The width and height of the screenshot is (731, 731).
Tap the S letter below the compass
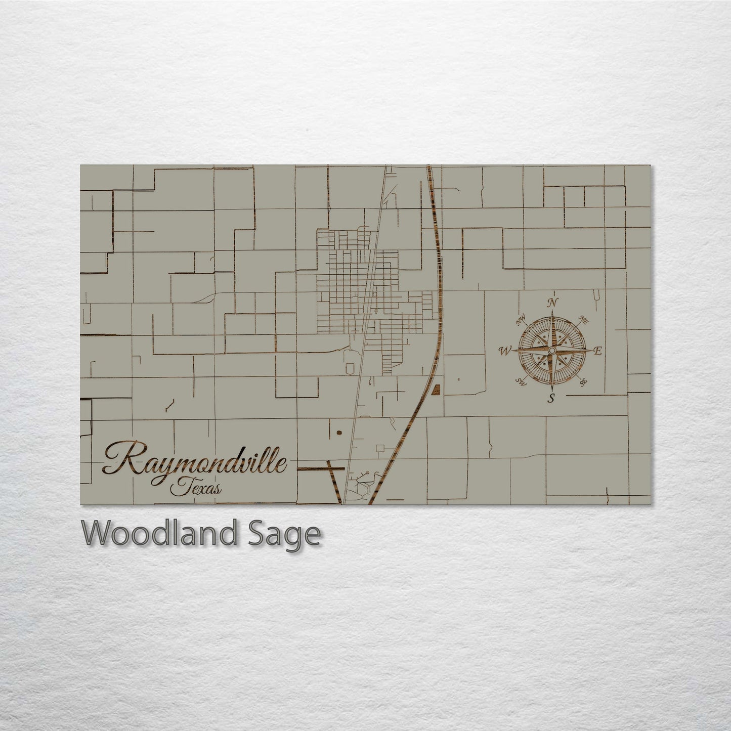click(x=551, y=398)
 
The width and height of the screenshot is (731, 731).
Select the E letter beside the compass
click(x=597, y=351)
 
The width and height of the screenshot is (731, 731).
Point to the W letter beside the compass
click(x=505, y=350)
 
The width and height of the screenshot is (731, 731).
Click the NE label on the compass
click(x=583, y=320)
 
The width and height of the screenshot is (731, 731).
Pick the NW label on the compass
click(x=520, y=321)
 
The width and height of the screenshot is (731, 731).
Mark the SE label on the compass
click(x=583, y=382)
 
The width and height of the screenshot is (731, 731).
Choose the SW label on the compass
click(x=521, y=381)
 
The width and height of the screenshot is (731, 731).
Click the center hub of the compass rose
click(x=552, y=350)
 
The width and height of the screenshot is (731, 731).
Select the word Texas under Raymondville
click(x=195, y=488)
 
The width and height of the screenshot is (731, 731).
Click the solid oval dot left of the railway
click(x=338, y=433)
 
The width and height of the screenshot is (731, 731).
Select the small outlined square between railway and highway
click(x=380, y=447)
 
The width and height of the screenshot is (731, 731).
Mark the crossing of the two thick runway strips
click(x=333, y=469)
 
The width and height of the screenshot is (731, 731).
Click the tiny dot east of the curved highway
click(x=458, y=379)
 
